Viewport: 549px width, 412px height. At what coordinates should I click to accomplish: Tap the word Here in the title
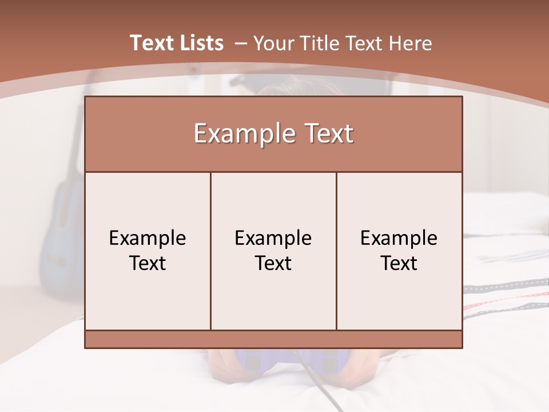410,43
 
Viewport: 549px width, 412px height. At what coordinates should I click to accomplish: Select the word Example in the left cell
148,238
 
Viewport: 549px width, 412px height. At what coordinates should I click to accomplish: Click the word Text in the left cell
148,263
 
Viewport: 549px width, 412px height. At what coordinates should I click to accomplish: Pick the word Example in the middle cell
273,238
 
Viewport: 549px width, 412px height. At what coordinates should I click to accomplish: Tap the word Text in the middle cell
273,263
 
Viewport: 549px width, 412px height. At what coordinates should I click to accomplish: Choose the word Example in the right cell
399,238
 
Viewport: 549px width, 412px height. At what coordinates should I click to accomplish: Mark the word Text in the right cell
399,263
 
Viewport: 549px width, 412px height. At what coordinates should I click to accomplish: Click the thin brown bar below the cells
273,339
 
